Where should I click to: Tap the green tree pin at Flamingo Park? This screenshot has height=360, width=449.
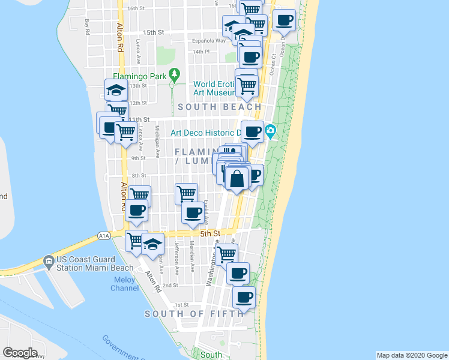pos(174,75)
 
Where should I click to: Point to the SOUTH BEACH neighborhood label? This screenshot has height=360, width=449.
pos(220,107)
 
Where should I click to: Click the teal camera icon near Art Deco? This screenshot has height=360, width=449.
pos(270,131)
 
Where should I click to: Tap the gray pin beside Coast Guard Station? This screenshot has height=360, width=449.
pos(48,262)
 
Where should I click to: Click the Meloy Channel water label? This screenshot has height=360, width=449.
pos(124,284)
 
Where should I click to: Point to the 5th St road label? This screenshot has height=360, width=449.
pos(211,233)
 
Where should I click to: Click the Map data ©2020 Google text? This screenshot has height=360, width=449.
pos(411,355)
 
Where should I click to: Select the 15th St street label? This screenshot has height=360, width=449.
pos(153,32)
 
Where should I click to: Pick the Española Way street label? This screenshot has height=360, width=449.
pos(209,41)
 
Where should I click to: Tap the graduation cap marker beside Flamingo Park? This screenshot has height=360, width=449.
pos(116,91)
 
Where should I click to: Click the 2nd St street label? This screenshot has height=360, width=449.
pos(170,286)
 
